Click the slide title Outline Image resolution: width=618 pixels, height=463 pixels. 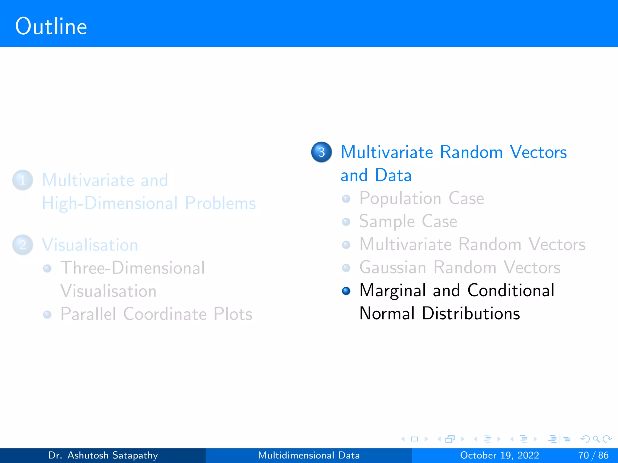pos(51,27)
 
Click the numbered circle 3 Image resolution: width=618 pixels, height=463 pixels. pos(321,152)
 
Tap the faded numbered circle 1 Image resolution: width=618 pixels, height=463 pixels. pos(23,180)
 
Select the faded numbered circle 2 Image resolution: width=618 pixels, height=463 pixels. pos(23,245)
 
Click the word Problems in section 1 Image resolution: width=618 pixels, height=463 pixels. pos(220,203)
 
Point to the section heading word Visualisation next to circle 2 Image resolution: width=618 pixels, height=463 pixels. pos(90,245)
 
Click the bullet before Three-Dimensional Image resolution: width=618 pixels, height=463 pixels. pos(47,268)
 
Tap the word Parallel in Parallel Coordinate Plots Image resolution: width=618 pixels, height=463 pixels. pos(88,314)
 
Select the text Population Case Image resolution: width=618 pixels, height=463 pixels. pos(422,199)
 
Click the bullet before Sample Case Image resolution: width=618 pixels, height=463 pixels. pos(346,222)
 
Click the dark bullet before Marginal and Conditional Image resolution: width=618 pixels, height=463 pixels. pos(346,291)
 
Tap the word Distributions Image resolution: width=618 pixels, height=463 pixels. pos(471,313)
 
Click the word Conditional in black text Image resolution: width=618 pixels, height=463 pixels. pos(511,291)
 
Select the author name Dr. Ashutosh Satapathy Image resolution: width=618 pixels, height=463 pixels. pos(103,455)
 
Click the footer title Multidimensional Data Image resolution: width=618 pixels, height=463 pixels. pos(309,455)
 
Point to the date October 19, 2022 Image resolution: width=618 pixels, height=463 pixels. pos(499,455)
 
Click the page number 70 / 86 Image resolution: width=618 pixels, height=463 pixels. pos(593,455)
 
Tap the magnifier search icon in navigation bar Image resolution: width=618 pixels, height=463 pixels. pos(596,439)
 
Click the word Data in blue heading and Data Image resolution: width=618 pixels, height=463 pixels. pos(393,175)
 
